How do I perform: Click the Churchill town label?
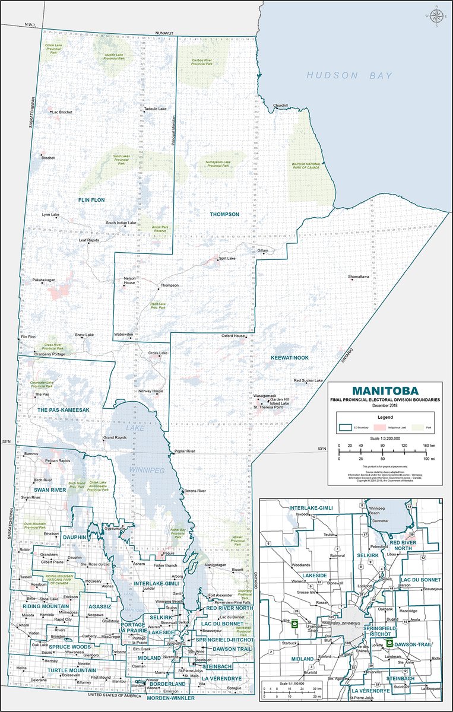pos(280,106)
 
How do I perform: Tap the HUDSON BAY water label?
pos(349,75)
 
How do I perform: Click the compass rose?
pos(436,18)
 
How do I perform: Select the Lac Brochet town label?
pos(62,112)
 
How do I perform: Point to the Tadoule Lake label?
pos(156,109)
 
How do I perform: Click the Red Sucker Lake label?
pos(308,380)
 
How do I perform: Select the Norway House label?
pos(151,391)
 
